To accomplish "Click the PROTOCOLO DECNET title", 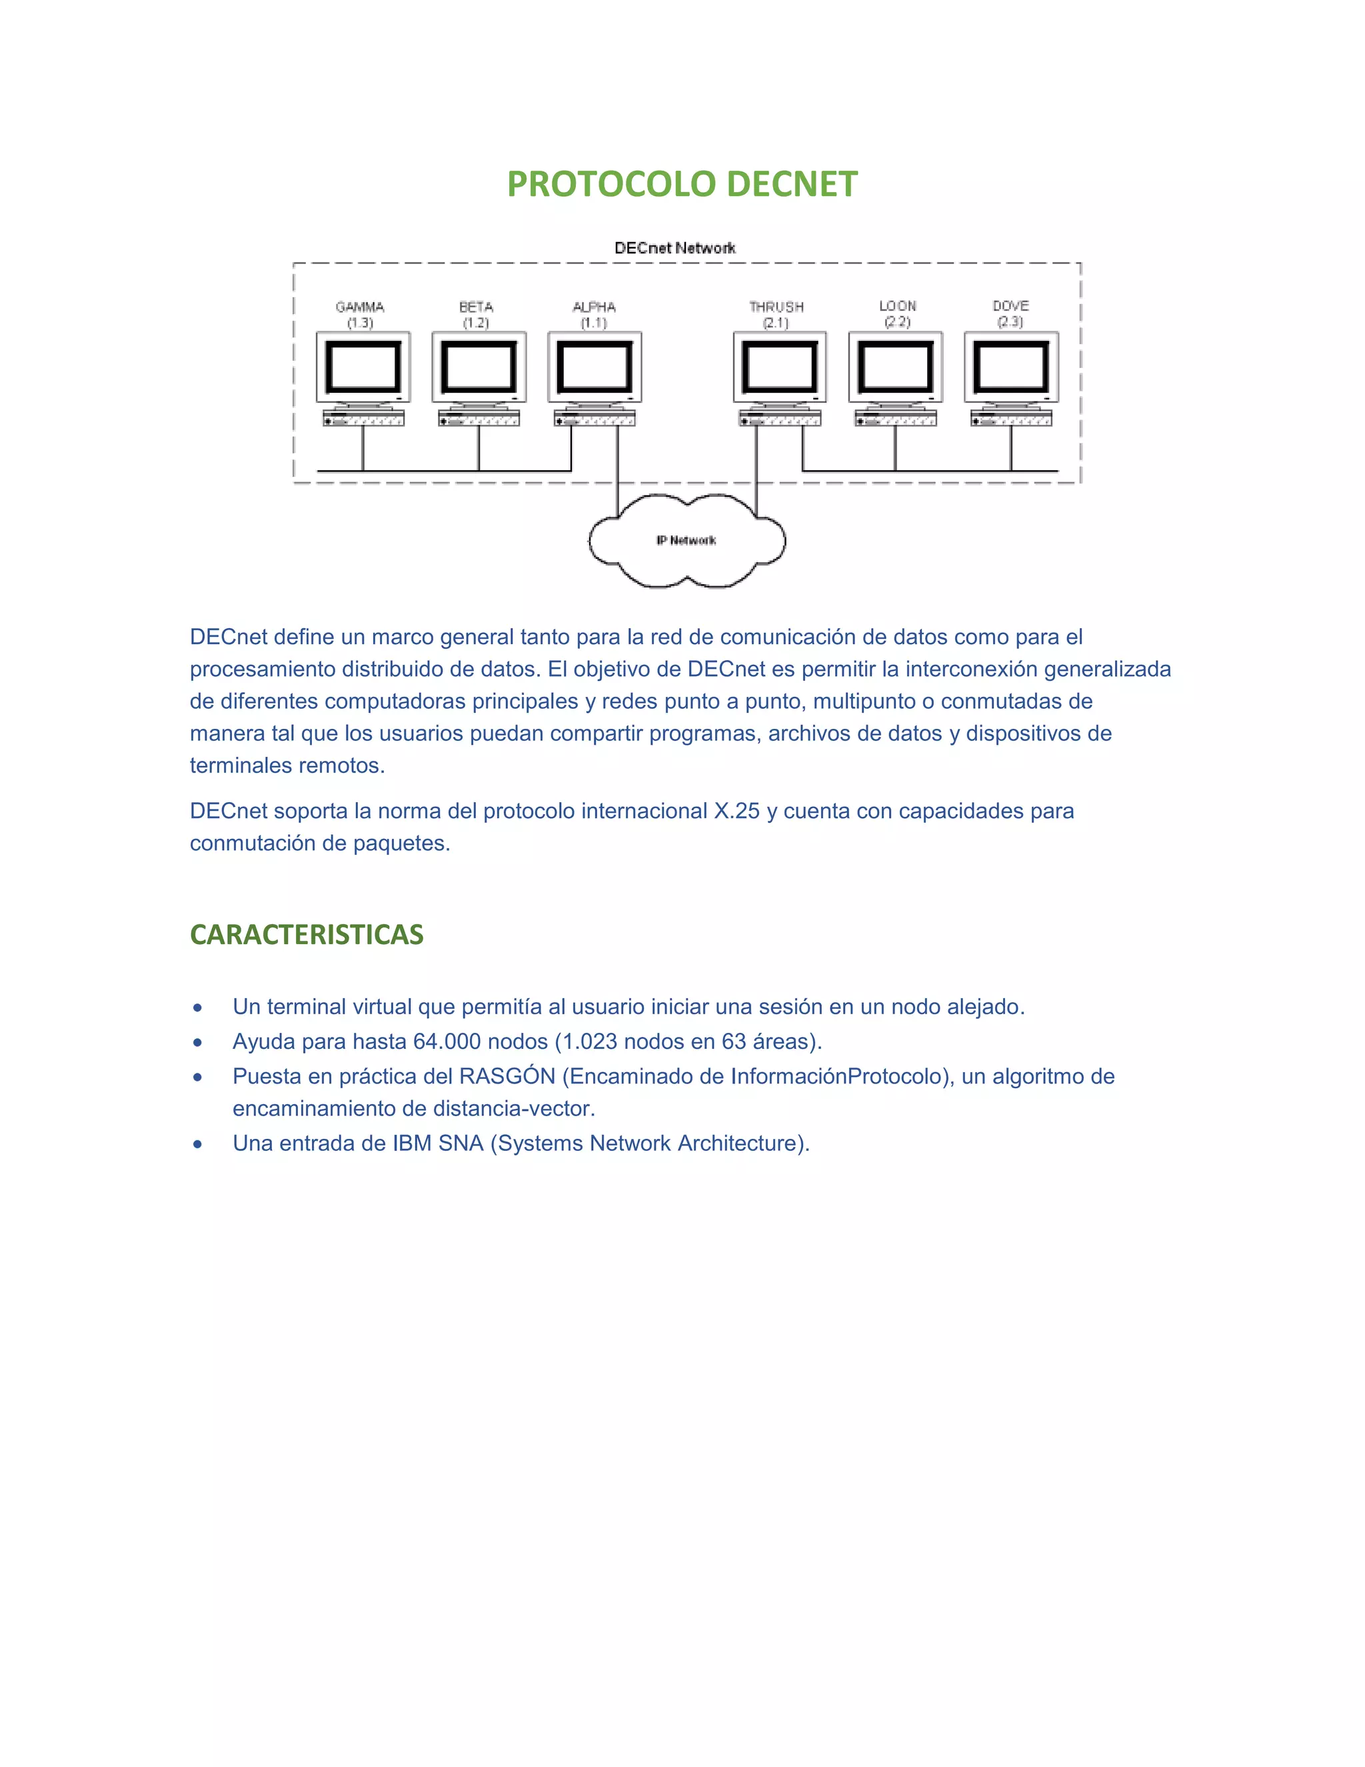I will coord(682,185).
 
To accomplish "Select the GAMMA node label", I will coord(360,307).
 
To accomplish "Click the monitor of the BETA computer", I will coord(479,367).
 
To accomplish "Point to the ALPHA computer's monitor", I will coord(595,367).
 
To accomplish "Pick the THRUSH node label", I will coord(776,307).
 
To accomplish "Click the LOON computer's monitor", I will coord(895,367).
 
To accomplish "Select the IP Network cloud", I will coord(686,541).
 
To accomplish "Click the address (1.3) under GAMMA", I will coord(360,323).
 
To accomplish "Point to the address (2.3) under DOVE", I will coord(1010,322).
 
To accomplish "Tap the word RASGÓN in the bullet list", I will coord(507,1076).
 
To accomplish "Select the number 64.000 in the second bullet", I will coord(447,1042).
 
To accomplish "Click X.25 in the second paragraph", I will coord(736,811).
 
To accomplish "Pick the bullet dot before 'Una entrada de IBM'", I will coord(197,1144).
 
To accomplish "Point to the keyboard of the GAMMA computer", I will coord(363,418).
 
